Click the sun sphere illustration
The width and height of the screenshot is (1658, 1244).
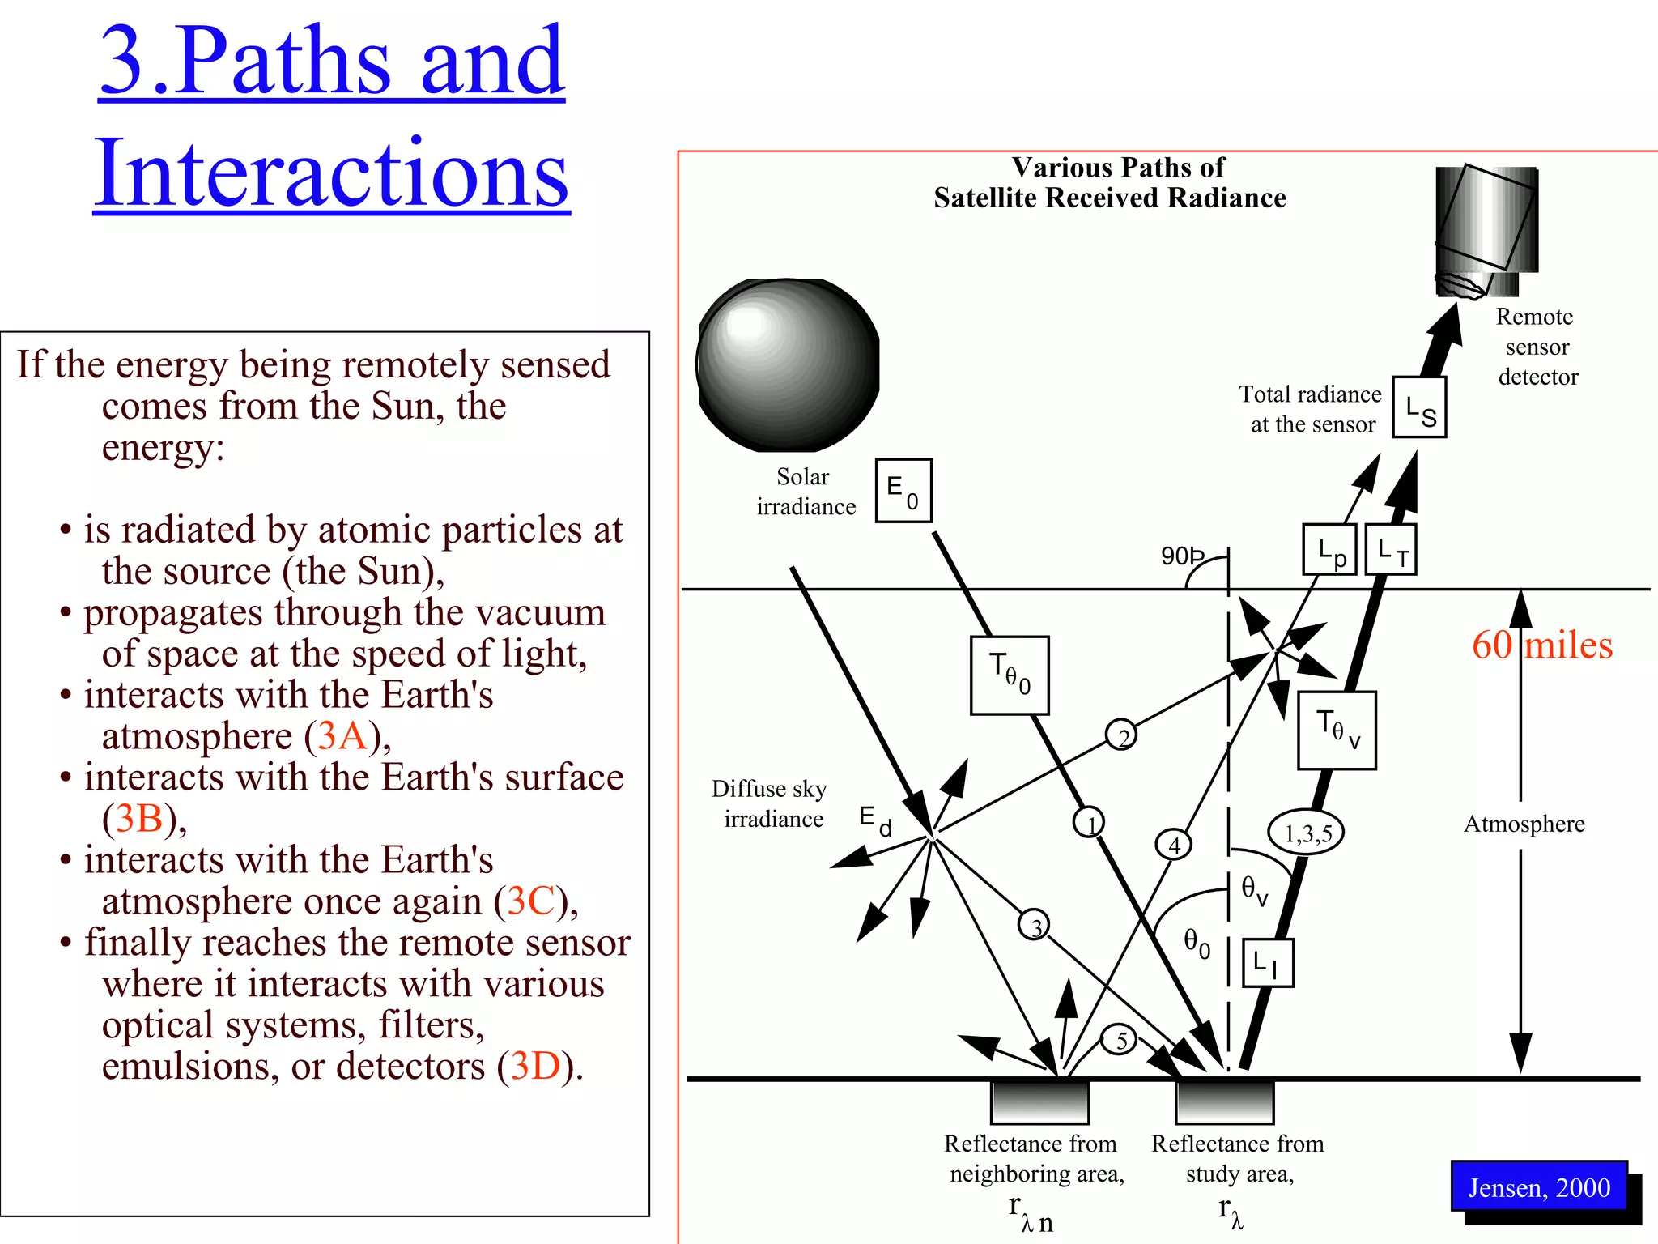click(788, 364)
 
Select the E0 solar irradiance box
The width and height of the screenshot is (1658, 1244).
click(903, 491)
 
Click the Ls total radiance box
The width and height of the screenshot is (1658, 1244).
click(1419, 407)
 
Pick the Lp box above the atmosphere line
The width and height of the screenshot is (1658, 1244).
click(1329, 550)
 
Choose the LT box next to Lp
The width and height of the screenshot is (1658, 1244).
click(1391, 550)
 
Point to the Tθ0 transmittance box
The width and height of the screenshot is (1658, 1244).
click(1010, 675)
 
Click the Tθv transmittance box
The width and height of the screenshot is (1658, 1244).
click(1337, 730)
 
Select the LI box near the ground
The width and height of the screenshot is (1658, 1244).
click(1268, 963)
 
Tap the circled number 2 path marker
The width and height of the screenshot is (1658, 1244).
click(1121, 735)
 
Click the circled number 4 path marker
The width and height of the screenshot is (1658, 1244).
click(1174, 845)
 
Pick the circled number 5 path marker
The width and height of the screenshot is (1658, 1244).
click(1121, 1040)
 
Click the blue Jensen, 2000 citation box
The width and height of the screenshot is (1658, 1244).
click(1539, 1187)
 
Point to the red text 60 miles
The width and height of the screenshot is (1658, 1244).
click(1542, 645)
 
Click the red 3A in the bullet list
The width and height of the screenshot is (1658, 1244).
click(343, 736)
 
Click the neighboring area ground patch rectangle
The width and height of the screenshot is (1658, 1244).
click(1039, 1101)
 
